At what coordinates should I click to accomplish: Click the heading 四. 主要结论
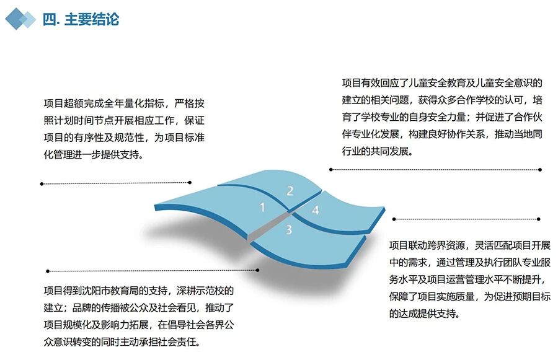[x=81, y=19]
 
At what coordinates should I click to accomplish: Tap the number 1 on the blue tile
[x=262, y=208]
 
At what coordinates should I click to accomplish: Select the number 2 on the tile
[x=290, y=190]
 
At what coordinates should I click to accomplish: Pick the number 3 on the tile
[x=289, y=230]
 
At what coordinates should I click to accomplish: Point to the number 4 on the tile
[x=315, y=211]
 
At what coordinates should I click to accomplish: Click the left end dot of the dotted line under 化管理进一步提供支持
[x=42, y=183]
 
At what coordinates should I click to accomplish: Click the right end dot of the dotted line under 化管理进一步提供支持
[x=190, y=182]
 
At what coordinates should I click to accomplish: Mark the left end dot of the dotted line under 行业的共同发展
[x=331, y=169]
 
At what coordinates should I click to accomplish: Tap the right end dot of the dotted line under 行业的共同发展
[x=540, y=169]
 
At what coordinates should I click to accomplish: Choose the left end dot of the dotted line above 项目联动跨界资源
[x=394, y=219]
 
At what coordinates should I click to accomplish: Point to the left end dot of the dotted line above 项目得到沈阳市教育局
[x=48, y=271]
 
